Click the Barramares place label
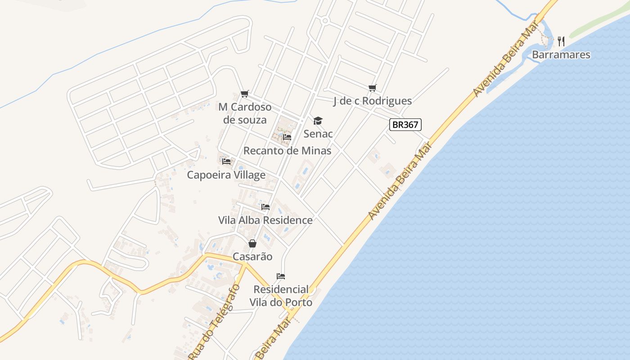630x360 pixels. [x=561, y=55]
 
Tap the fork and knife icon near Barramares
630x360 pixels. [x=561, y=41]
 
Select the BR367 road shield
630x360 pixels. [x=405, y=125]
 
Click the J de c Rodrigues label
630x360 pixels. [x=372, y=101]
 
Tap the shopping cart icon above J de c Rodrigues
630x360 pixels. [x=372, y=88]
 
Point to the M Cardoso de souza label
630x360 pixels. [x=245, y=113]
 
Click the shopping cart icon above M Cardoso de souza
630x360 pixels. [x=244, y=94]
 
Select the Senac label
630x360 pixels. [x=318, y=134]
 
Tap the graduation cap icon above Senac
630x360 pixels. [x=318, y=121]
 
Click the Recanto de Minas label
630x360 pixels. [x=287, y=151]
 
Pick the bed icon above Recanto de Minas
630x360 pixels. [x=287, y=137]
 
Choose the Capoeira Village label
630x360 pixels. [x=226, y=175]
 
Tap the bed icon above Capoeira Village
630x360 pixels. [x=226, y=161]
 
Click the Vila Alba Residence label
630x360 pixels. [x=265, y=220]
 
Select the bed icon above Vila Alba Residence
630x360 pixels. [x=265, y=207]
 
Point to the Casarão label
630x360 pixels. [x=252, y=256]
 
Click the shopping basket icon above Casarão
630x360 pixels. [x=252, y=243]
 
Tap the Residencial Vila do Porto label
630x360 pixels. [x=281, y=296]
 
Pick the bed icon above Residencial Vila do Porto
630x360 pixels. [x=281, y=276]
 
